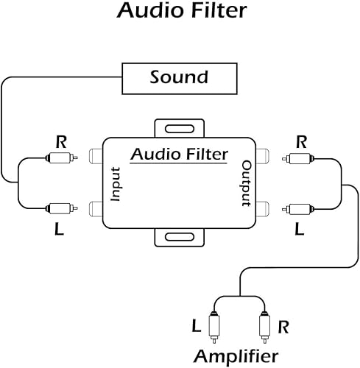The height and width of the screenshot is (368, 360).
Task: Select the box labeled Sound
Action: [179, 77]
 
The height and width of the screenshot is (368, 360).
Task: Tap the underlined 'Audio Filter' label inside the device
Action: [180, 155]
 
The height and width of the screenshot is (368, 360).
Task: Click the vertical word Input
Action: [115, 184]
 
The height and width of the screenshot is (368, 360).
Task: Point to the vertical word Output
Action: [247, 184]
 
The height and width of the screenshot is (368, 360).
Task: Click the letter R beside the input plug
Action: [60, 140]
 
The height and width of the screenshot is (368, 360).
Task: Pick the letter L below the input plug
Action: [59, 230]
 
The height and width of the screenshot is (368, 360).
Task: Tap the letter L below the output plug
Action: [299, 230]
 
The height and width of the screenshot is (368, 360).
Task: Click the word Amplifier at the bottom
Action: [236, 357]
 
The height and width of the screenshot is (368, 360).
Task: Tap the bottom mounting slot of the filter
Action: [180, 237]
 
